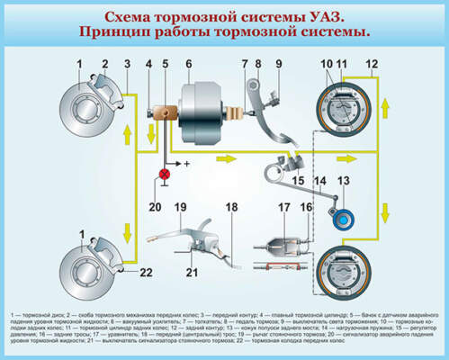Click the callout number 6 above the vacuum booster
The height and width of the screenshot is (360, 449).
point(189,63)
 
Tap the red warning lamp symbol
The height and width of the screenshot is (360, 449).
point(164,173)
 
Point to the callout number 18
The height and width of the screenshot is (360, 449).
point(232,207)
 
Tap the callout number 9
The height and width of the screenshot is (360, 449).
point(278,63)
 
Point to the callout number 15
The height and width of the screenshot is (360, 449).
point(297,181)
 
